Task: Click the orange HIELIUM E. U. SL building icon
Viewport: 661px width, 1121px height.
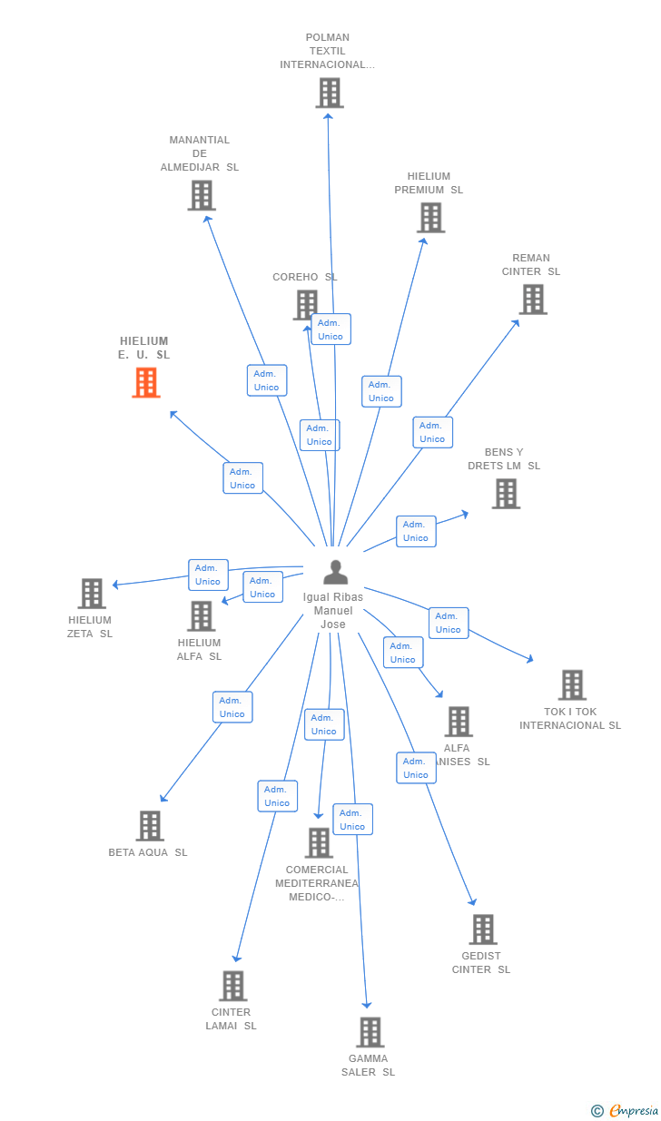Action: tap(145, 383)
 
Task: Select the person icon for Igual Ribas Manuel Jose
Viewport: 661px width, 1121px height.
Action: tap(336, 573)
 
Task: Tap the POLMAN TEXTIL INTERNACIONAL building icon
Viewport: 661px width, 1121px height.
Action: tap(329, 93)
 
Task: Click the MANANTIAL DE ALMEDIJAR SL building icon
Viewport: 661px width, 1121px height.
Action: tap(202, 195)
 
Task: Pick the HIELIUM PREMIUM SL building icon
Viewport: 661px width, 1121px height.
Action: tap(431, 218)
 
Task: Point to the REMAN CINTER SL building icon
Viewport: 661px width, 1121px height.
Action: tap(533, 300)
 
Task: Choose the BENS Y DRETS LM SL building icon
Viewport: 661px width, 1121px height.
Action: tap(506, 494)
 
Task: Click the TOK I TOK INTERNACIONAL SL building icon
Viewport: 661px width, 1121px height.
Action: tap(572, 685)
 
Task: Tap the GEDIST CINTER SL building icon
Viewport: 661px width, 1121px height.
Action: tap(483, 929)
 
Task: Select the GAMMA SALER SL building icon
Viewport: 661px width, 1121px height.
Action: tap(370, 1032)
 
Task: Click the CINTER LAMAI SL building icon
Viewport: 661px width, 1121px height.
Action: tap(233, 986)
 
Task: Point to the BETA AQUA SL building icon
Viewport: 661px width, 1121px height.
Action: tap(150, 826)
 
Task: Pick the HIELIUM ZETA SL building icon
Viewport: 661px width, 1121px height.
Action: tap(92, 594)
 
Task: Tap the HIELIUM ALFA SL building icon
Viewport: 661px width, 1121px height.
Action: tap(201, 616)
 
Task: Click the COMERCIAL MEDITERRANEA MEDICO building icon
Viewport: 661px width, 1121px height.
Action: tap(319, 843)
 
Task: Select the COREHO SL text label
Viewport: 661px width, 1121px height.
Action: tap(304, 277)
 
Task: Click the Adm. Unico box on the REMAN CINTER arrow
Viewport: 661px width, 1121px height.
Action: tap(432, 432)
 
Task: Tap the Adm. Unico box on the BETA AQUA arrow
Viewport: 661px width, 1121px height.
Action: tap(232, 707)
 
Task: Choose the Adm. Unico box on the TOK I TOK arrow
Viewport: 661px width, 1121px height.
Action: tap(449, 623)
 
